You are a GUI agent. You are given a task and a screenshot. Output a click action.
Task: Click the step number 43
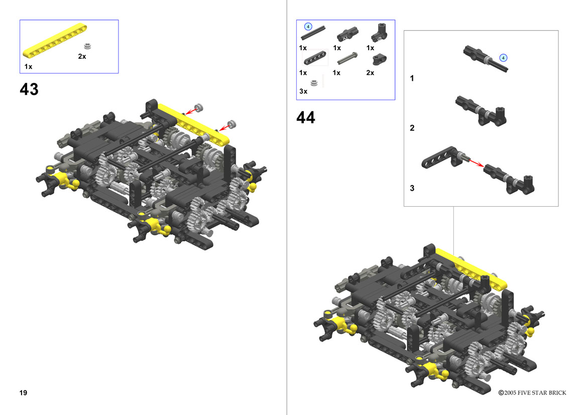pyautogui.click(x=29, y=89)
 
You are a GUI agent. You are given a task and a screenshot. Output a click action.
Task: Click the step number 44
pyautogui.click(x=305, y=117)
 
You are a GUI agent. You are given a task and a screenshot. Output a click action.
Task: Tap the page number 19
pyautogui.click(x=23, y=392)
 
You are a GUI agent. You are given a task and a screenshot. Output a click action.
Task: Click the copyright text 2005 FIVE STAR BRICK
pyautogui.click(x=535, y=392)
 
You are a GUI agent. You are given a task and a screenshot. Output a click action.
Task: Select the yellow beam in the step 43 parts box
pyautogui.click(x=55, y=41)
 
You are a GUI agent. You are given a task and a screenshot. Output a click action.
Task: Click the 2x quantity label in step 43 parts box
pyautogui.click(x=82, y=57)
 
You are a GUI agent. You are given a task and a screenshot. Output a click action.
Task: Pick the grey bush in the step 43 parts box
pyautogui.click(x=87, y=46)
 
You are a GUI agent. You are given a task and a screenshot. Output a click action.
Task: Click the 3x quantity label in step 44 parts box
pyautogui.click(x=303, y=91)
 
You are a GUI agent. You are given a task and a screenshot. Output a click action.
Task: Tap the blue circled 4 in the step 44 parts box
pyautogui.click(x=308, y=27)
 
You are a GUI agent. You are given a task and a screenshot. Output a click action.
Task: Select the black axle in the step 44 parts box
pyautogui.click(x=313, y=33)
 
